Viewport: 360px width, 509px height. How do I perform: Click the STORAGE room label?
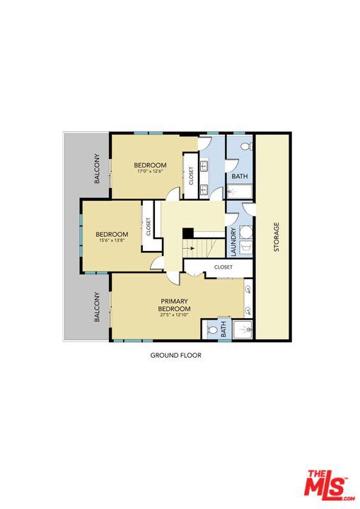coord(277,237)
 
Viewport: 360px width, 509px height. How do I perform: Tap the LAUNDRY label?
coord(233,242)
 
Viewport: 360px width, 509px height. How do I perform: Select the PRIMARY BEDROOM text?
coord(174,305)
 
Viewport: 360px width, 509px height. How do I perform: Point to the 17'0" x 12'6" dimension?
coord(150,171)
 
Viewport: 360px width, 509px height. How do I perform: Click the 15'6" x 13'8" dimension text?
coord(112,240)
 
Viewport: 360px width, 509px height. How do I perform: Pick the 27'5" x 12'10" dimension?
coord(174,315)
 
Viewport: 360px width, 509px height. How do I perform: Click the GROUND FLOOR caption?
coord(176,355)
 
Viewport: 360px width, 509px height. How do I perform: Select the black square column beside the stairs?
coord(188,233)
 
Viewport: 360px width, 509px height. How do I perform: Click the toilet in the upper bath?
coord(248,146)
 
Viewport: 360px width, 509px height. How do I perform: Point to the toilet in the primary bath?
coord(212,330)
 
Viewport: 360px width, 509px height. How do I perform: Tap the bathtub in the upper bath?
coord(240,192)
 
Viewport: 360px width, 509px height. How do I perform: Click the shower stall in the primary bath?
coord(243,329)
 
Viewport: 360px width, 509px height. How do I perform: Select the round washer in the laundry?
coord(245,233)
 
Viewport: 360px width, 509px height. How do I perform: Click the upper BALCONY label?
coord(97,168)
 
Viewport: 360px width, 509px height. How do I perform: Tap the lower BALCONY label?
coord(97,307)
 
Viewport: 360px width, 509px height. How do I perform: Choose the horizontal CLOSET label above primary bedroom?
coord(223,267)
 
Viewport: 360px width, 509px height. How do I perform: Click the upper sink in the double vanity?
coord(204,167)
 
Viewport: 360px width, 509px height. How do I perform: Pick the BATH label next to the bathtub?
coord(240,176)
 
